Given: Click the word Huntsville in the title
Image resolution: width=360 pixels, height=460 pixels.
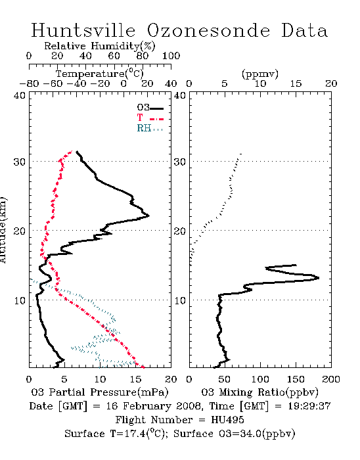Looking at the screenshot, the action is [83, 30].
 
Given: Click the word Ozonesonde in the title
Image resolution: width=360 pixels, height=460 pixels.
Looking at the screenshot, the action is [208, 30].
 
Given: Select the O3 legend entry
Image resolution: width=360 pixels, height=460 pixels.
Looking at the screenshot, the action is [150, 108].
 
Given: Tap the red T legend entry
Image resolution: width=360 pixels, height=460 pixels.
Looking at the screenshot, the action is [150, 118].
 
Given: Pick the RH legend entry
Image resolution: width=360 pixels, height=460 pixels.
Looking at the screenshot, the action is [150, 129].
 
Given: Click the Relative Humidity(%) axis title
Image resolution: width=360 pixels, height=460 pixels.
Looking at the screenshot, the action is [100, 46].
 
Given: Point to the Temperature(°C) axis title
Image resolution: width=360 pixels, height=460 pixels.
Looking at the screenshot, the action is [100, 74].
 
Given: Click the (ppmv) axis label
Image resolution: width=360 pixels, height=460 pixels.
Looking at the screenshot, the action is [260, 74].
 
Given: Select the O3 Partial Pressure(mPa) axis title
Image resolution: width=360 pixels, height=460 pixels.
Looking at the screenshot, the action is [100, 392].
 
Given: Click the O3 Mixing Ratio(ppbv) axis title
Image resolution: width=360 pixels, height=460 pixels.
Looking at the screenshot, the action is [259, 392].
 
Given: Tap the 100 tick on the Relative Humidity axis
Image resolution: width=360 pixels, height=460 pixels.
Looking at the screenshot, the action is [171, 55].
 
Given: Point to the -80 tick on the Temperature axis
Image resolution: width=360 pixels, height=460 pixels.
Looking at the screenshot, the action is [29, 83].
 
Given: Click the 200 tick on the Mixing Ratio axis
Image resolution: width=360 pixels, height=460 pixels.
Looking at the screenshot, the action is [331, 379].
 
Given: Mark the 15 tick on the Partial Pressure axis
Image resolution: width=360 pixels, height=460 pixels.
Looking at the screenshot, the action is [135, 379].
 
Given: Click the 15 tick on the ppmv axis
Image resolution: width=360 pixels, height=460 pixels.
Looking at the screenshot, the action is [296, 83].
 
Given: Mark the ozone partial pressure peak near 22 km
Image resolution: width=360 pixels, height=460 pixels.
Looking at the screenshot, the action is [148, 216].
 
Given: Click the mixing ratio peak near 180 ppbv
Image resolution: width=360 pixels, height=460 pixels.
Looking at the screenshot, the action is [318, 277].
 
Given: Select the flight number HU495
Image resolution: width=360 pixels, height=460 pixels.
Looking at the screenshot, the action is [227, 420].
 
